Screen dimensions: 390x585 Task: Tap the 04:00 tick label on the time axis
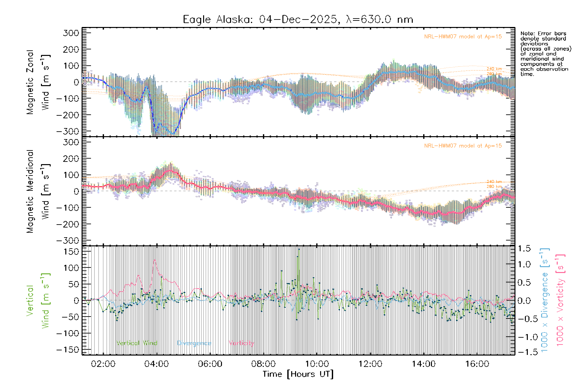coord(156,364)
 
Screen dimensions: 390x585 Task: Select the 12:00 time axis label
coord(370,364)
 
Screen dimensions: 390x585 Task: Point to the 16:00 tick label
coord(477,364)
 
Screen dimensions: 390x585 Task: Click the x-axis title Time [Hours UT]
coord(298,374)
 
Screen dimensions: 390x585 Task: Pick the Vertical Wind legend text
coord(136,343)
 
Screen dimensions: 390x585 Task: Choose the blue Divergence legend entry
coord(194,343)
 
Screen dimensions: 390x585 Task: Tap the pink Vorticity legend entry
coord(241,343)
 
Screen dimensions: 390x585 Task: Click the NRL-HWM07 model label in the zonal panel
coord(463,37)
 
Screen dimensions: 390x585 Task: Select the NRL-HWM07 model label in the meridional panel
coord(463,146)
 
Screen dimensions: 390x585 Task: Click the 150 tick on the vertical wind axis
coord(71,252)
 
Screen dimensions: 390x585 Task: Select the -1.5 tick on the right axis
coord(524,352)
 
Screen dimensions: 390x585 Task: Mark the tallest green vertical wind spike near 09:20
coord(299,250)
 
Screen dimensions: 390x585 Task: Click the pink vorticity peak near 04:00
coord(155,260)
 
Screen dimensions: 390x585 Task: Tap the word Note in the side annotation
coord(526,33)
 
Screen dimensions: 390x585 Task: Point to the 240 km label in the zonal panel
coord(494,69)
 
